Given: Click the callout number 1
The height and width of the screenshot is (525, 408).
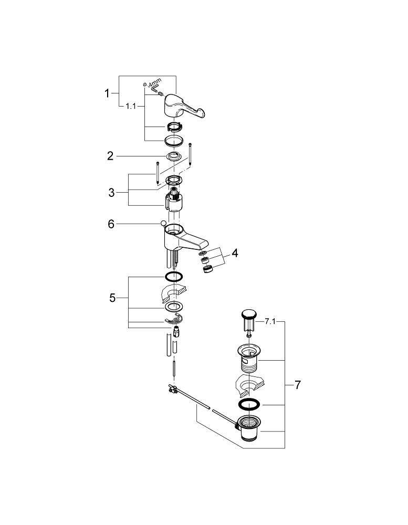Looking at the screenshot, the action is tap(107, 93).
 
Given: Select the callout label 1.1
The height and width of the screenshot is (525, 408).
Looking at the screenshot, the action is tap(131, 106).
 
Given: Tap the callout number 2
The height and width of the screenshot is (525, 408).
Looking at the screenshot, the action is tap(110, 156).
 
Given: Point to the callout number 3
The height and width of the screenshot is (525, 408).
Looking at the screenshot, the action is tap(111, 193).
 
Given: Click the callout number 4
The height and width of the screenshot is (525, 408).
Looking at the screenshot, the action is tap(235, 253).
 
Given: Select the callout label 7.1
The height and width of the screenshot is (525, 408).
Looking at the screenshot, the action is tap(270, 322).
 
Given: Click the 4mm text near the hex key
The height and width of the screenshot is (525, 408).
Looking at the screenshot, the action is tap(155, 83).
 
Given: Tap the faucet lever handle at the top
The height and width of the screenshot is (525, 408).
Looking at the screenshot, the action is tap(180, 106).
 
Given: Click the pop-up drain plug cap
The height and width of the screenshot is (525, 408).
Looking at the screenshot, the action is tap(249, 314).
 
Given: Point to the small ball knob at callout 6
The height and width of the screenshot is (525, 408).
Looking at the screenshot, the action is tap(163, 224).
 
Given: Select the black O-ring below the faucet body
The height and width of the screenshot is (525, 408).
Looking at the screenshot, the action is tap(174, 277).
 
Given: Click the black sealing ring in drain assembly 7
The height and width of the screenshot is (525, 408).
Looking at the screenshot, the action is tap(249, 404).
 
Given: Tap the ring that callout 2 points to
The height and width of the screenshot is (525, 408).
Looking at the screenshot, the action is tap(173, 156).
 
